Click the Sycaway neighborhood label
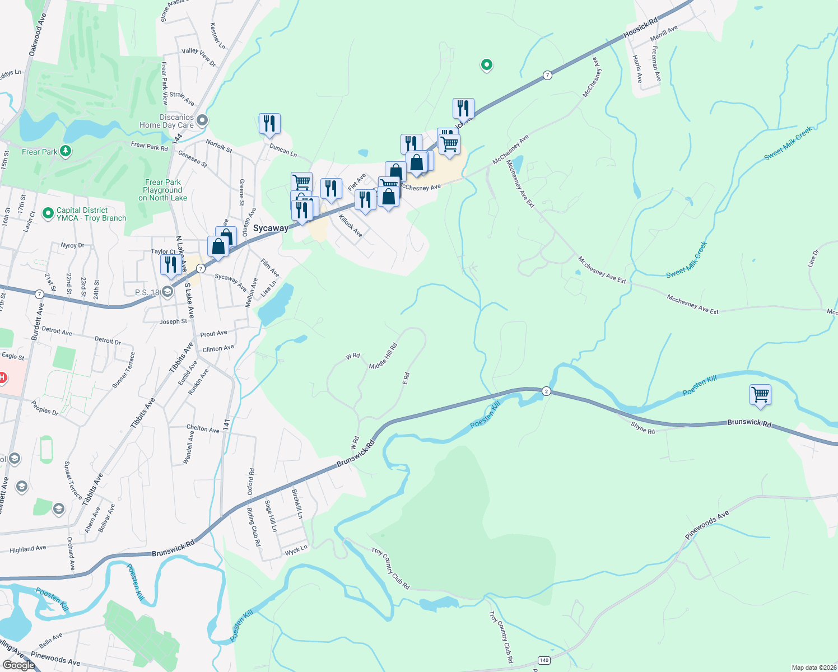point(271,228)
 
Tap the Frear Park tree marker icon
point(66,151)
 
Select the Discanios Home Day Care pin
point(202,120)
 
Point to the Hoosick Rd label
point(640,29)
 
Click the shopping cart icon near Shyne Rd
point(760,395)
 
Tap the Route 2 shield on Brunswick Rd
point(546,391)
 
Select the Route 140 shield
point(543,660)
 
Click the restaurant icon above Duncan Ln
point(269,123)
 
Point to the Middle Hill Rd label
point(383,356)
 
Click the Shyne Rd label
point(643,428)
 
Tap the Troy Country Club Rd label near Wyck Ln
point(390,568)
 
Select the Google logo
point(18,665)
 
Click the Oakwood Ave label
point(38,34)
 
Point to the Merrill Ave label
point(664,33)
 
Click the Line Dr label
point(813,258)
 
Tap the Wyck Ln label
point(296,550)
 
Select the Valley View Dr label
point(198,57)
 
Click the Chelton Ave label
point(203,428)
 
